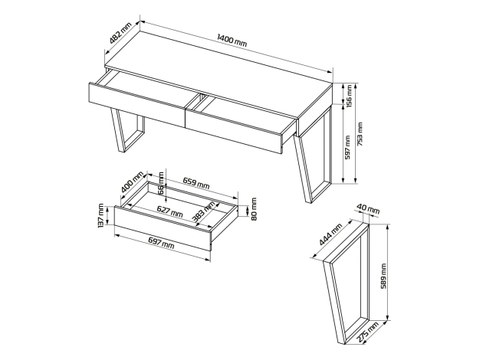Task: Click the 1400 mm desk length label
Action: coord(232,41)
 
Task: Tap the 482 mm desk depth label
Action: coord(120,33)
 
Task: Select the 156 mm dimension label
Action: coord(348,97)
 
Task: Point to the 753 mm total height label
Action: coord(360,134)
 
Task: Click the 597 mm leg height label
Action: coord(347,147)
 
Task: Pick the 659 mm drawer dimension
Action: coord(196,183)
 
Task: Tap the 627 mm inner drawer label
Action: coord(169,211)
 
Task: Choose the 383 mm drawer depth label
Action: coord(204,211)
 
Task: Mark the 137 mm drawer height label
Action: coord(100,216)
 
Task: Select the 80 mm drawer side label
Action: coord(254,209)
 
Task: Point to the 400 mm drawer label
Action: coord(133,182)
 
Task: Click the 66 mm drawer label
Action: coord(161,183)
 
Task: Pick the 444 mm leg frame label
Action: coord(331,234)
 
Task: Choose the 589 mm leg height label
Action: coord(383,276)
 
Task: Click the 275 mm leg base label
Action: coord(368,332)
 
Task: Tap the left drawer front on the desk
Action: coord(137,105)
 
